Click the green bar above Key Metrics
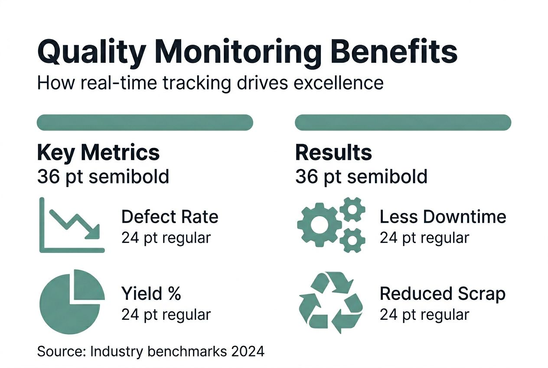point(145,122)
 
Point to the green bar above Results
point(403,122)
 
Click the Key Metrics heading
point(98,152)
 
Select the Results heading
point(333,152)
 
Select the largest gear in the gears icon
point(319,224)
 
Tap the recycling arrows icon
point(331,302)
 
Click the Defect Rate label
point(170,217)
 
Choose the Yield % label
point(151,294)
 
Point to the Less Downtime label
point(443,217)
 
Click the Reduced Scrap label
point(442,294)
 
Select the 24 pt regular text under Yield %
point(166,315)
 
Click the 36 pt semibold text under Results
point(361,176)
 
